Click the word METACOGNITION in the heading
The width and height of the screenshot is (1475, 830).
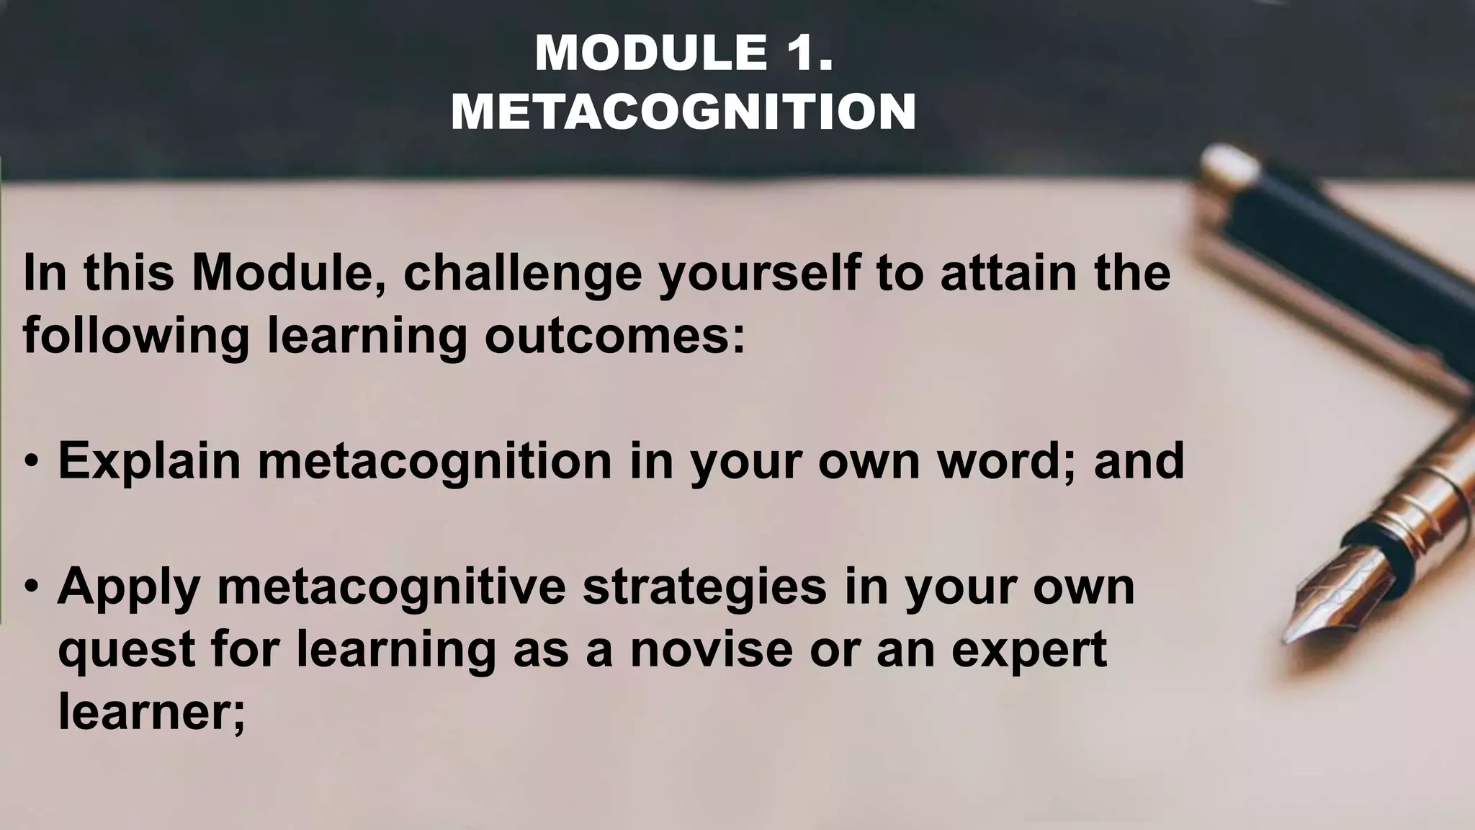[x=683, y=112]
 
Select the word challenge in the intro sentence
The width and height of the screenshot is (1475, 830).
[x=522, y=274]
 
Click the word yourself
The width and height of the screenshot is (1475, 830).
[x=759, y=274]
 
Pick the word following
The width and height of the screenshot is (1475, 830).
[x=135, y=336]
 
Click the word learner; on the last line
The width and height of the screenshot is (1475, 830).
[x=151, y=712]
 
